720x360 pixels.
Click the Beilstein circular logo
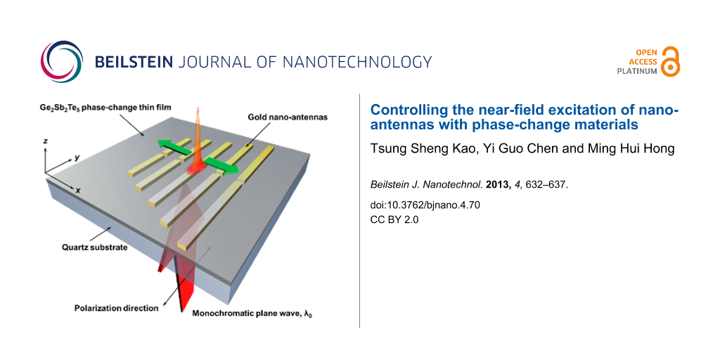62,62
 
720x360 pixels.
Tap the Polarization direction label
117,308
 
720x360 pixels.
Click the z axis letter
45,142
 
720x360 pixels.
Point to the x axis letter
79,190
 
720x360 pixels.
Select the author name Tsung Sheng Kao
411,150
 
